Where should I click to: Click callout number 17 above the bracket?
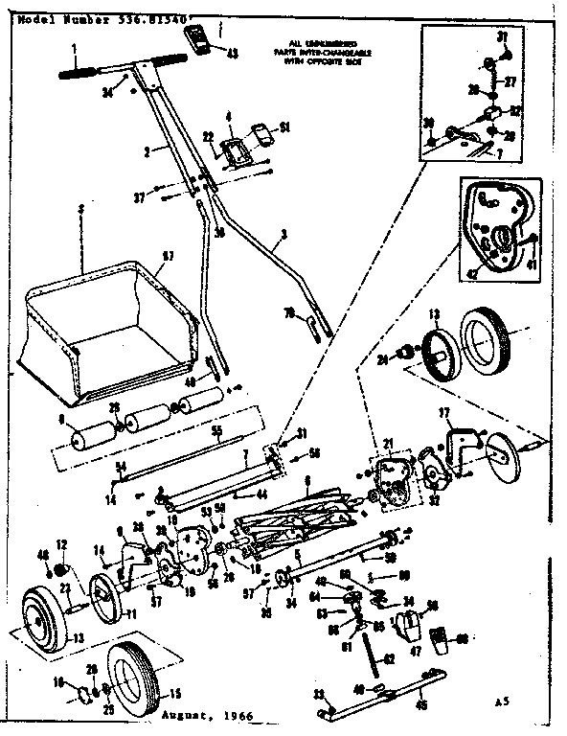pos(444,411)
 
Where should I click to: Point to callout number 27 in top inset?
pos(510,81)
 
